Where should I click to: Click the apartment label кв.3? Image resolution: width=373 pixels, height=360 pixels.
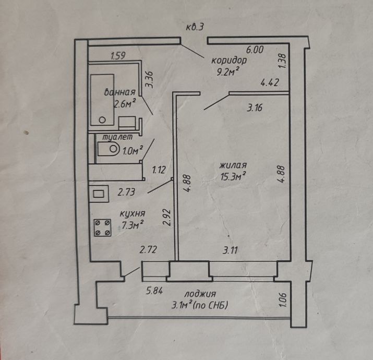tap(195, 27)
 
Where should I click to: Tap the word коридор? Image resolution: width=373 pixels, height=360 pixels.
tap(229, 61)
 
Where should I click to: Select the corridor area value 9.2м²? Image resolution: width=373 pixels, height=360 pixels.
tap(227, 71)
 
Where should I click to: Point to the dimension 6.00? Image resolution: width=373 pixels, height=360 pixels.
tap(255, 50)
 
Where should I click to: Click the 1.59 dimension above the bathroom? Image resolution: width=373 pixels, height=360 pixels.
tap(118, 56)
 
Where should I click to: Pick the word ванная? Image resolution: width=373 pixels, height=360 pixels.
tap(120, 92)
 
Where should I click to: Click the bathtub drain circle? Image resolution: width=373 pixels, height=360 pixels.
tap(102, 120)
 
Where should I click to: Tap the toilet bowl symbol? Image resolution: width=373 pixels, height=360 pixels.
tap(108, 149)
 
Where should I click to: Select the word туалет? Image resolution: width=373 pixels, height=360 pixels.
tap(117, 137)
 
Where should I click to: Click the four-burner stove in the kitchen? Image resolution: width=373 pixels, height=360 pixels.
tap(103, 227)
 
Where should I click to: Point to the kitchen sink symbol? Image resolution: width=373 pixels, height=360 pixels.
tap(99, 194)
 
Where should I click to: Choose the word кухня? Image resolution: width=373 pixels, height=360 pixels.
tap(133, 214)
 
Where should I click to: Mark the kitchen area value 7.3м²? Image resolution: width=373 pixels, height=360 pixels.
tap(133, 225)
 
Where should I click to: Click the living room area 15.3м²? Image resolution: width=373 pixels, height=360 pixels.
tap(233, 176)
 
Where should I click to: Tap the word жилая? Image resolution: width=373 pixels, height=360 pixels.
tap(233, 165)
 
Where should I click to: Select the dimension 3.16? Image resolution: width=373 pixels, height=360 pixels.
tap(255, 108)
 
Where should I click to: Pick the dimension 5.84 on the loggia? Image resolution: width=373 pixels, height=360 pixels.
tap(154, 291)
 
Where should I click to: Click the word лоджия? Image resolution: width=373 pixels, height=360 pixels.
tap(200, 294)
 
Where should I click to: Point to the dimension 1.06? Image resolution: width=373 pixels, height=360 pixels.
tap(283, 300)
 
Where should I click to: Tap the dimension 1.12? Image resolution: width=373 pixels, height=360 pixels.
tap(159, 170)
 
